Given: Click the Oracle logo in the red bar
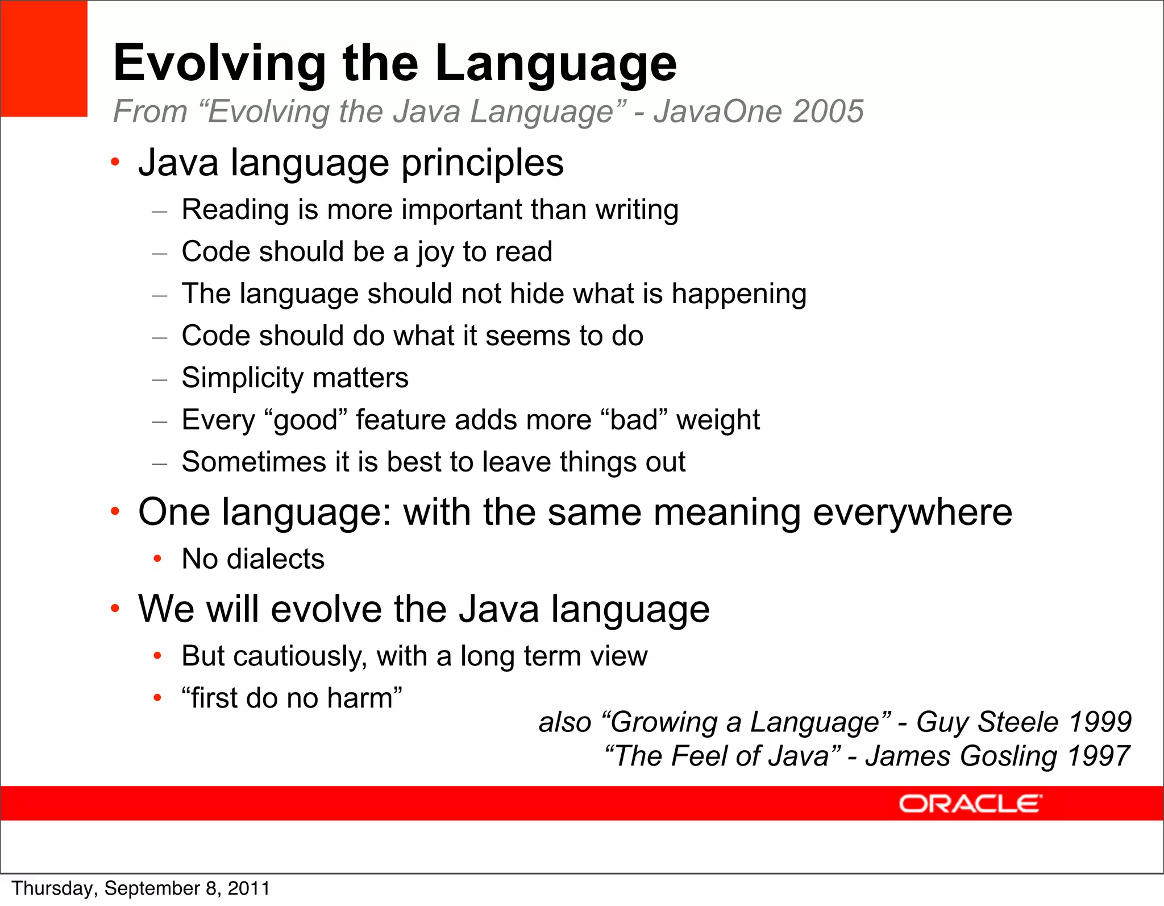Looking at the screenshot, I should pyautogui.click(x=970, y=804).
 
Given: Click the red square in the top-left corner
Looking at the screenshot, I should pyautogui.click(x=44, y=59).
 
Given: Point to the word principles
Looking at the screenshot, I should pyautogui.click(x=483, y=164).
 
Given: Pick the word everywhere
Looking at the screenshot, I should pyautogui.click(x=912, y=513).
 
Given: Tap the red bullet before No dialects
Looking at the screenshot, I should pyautogui.click(x=157, y=559).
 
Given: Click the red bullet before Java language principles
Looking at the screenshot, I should pyautogui.click(x=115, y=163).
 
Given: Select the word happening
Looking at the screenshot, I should pyautogui.click(x=738, y=295).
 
